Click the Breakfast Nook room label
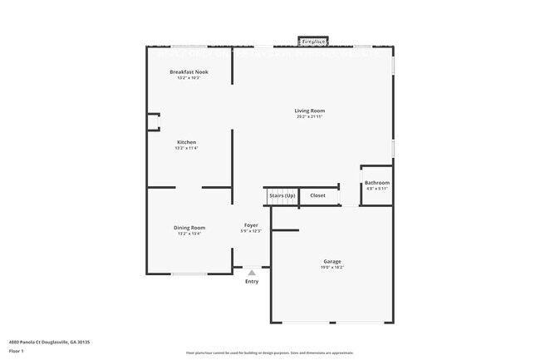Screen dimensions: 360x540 coord(189,72)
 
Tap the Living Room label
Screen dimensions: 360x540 coord(310,111)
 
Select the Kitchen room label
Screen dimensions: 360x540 coord(186,142)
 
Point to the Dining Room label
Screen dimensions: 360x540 coord(189,228)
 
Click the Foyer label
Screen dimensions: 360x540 coord(251,225)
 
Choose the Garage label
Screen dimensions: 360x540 coord(332,261)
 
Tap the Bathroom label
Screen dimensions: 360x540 coord(377,183)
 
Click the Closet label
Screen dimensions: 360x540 coord(318,195)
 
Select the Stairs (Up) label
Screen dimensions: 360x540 coord(282,195)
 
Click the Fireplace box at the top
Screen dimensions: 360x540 coord(313,41)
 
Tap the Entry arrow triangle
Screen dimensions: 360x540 coord(252,272)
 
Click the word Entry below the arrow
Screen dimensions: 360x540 coord(252,281)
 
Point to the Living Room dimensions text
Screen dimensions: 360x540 coord(310,116)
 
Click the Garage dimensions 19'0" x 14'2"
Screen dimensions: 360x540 coord(332,267)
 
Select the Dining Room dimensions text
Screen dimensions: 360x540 coord(189,234)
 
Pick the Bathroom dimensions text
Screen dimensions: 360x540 coord(377,189)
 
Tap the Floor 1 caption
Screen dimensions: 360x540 coord(17,351)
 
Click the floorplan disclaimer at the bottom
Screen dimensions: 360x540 coord(270,353)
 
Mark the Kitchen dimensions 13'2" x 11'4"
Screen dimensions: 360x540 coord(186,148)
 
